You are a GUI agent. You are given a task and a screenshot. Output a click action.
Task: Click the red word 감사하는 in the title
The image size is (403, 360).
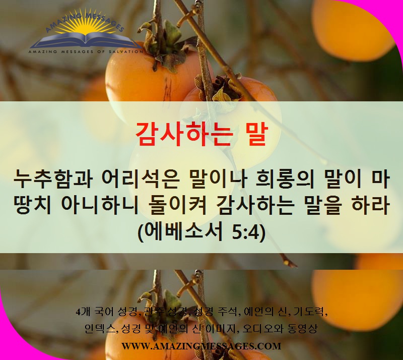(x=184, y=135)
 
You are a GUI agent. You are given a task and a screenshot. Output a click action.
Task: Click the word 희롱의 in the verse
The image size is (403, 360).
(x=285, y=179)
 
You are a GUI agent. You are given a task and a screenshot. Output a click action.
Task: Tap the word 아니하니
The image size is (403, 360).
(x=100, y=205)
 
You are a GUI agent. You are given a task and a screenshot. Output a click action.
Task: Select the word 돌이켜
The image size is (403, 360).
(x=178, y=205)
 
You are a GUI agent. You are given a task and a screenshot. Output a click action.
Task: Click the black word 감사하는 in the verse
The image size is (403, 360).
(x=255, y=205)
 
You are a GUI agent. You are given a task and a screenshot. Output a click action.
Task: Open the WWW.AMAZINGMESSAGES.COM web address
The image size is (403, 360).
(x=201, y=346)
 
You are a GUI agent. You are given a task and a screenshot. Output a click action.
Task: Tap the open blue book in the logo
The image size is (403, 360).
(x=86, y=41)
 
